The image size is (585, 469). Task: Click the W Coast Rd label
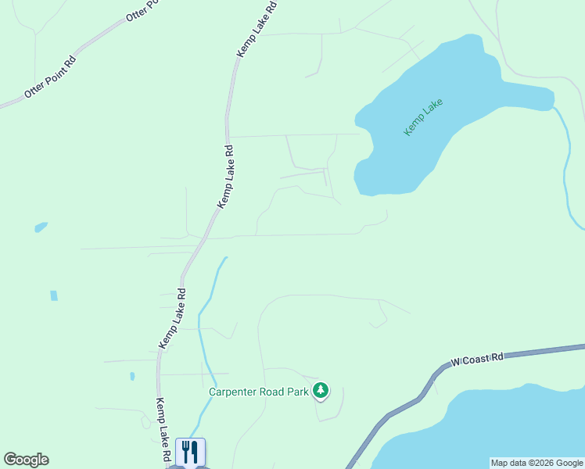pos(476,360)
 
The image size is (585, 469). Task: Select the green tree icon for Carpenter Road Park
pos(320,390)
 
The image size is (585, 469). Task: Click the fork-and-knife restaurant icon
pos(190,452)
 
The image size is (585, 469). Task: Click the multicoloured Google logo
pos(26,460)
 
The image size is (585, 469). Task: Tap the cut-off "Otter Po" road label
pos(142,11)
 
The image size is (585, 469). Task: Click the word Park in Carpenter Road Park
pos(298,392)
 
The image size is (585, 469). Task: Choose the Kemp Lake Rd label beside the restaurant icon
pos(163,428)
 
